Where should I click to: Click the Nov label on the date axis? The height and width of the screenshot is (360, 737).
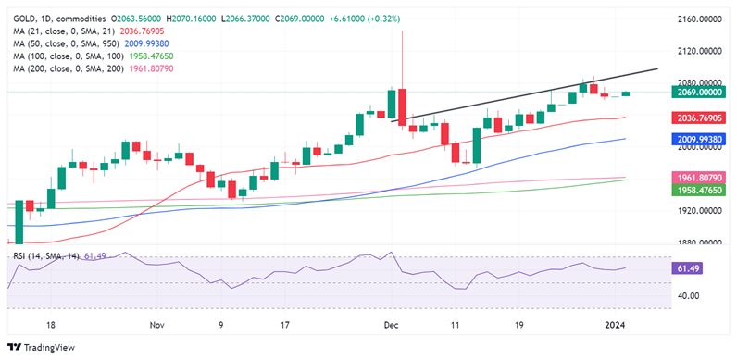tap(156, 326)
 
